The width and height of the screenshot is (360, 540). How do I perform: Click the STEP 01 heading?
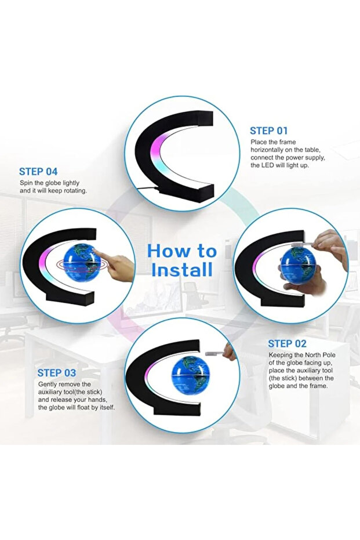[x=268, y=131]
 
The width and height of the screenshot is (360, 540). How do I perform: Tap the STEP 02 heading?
[x=288, y=344]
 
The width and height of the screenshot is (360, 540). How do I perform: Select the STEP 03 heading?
[x=57, y=373]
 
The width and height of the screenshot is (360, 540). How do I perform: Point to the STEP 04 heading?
[x=38, y=172]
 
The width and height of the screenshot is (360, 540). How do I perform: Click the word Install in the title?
[x=181, y=269]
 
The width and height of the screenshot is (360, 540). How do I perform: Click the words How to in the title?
[x=181, y=251]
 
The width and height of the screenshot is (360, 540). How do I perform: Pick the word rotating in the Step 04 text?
[x=76, y=191]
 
